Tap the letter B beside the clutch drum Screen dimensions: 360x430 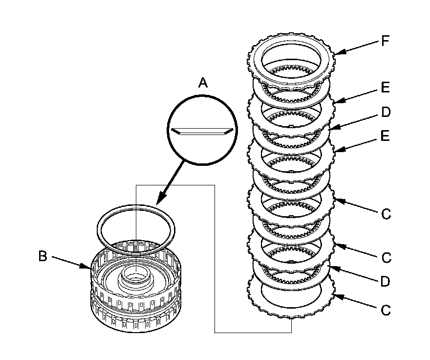43,256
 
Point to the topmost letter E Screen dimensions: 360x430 386,88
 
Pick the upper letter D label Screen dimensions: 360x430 386,113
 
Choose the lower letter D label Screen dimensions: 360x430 386,282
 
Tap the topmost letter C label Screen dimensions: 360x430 386,214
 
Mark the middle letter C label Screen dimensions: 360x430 386,257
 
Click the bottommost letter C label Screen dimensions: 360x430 386,310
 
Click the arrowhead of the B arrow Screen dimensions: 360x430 88,267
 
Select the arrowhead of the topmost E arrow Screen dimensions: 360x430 335,101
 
